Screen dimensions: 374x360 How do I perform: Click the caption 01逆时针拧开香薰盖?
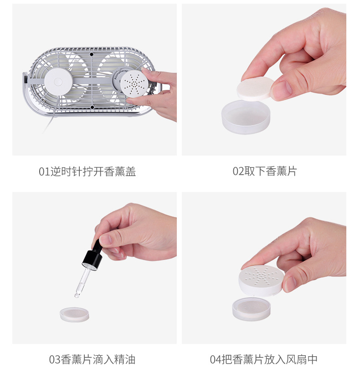[x=87, y=171]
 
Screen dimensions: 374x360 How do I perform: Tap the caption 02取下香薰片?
[x=264, y=171]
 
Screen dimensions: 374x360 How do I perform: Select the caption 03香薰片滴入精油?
[x=92, y=359]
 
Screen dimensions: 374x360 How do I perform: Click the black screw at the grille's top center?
[x=92, y=54]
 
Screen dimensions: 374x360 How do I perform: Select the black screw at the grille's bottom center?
[x=92, y=107]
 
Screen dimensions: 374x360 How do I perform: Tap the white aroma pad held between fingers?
[x=255, y=88]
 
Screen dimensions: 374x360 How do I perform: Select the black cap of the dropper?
[x=92, y=258]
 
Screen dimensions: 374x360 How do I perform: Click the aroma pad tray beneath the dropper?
[x=74, y=314]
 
